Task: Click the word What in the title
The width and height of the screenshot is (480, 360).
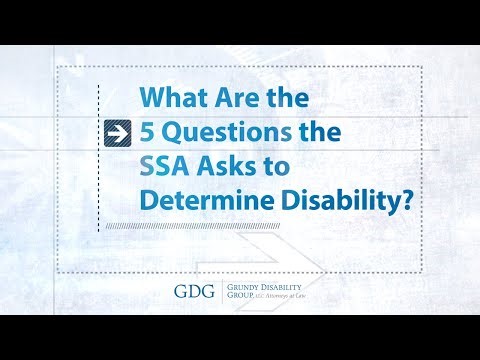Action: coord(170,99)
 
